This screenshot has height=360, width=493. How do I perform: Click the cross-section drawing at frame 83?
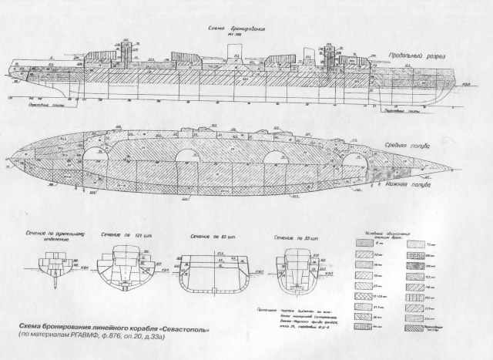(x=215, y=274)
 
